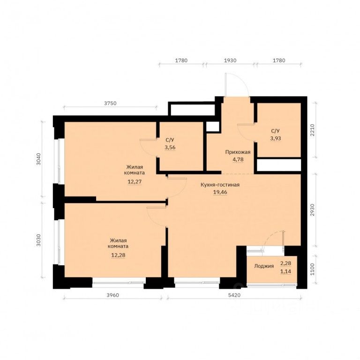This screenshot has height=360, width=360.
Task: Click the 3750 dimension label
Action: (x=111, y=103)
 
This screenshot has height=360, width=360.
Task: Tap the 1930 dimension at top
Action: (x=230, y=60)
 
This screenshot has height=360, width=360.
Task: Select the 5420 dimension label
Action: (x=234, y=295)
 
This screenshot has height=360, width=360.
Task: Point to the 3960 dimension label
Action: (x=113, y=295)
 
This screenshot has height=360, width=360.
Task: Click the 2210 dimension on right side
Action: (x=312, y=130)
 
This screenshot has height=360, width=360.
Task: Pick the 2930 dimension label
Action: (x=312, y=210)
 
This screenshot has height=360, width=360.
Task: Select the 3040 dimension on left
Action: (x=38, y=159)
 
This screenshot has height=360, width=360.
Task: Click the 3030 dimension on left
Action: (x=38, y=240)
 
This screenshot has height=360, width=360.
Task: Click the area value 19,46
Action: (x=220, y=192)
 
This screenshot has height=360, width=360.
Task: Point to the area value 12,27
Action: (x=135, y=181)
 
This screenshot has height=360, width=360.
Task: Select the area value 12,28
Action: (x=118, y=255)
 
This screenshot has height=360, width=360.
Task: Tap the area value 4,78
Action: (x=238, y=159)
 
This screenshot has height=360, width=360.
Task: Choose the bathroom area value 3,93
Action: (x=276, y=138)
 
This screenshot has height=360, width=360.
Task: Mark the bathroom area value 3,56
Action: (x=170, y=147)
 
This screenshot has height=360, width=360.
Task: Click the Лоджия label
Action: (x=264, y=266)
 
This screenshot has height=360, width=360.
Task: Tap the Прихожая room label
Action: (x=238, y=152)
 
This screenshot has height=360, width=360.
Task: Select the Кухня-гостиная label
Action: (x=220, y=185)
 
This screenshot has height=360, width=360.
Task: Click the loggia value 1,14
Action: (x=285, y=271)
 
